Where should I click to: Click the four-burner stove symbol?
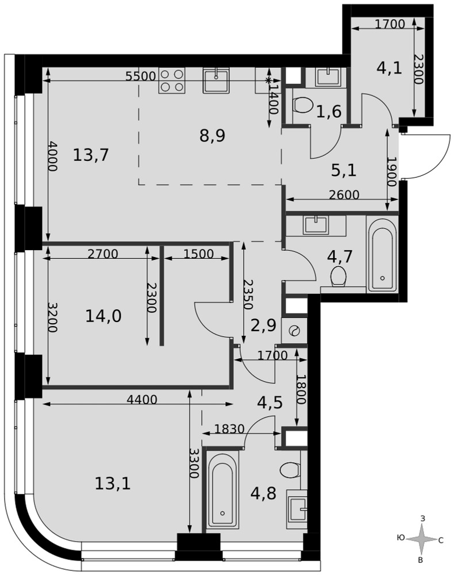point(172,80)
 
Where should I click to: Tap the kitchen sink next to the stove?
point(216,80)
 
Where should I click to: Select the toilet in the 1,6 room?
point(302,105)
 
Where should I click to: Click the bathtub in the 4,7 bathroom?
point(382,255)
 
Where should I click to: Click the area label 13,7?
point(91,155)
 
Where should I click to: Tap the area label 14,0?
point(103,316)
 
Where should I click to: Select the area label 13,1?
point(113,484)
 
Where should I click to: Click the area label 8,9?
point(212,136)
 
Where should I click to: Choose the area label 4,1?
point(389,68)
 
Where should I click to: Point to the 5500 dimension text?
point(140,76)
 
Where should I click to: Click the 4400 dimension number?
point(141,400)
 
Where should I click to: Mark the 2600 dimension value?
point(344,195)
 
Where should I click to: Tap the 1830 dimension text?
point(229,428)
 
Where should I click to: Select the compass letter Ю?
point(401,538)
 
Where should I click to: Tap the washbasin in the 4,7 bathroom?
point(315,225)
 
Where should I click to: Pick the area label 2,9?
point(263,325)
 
